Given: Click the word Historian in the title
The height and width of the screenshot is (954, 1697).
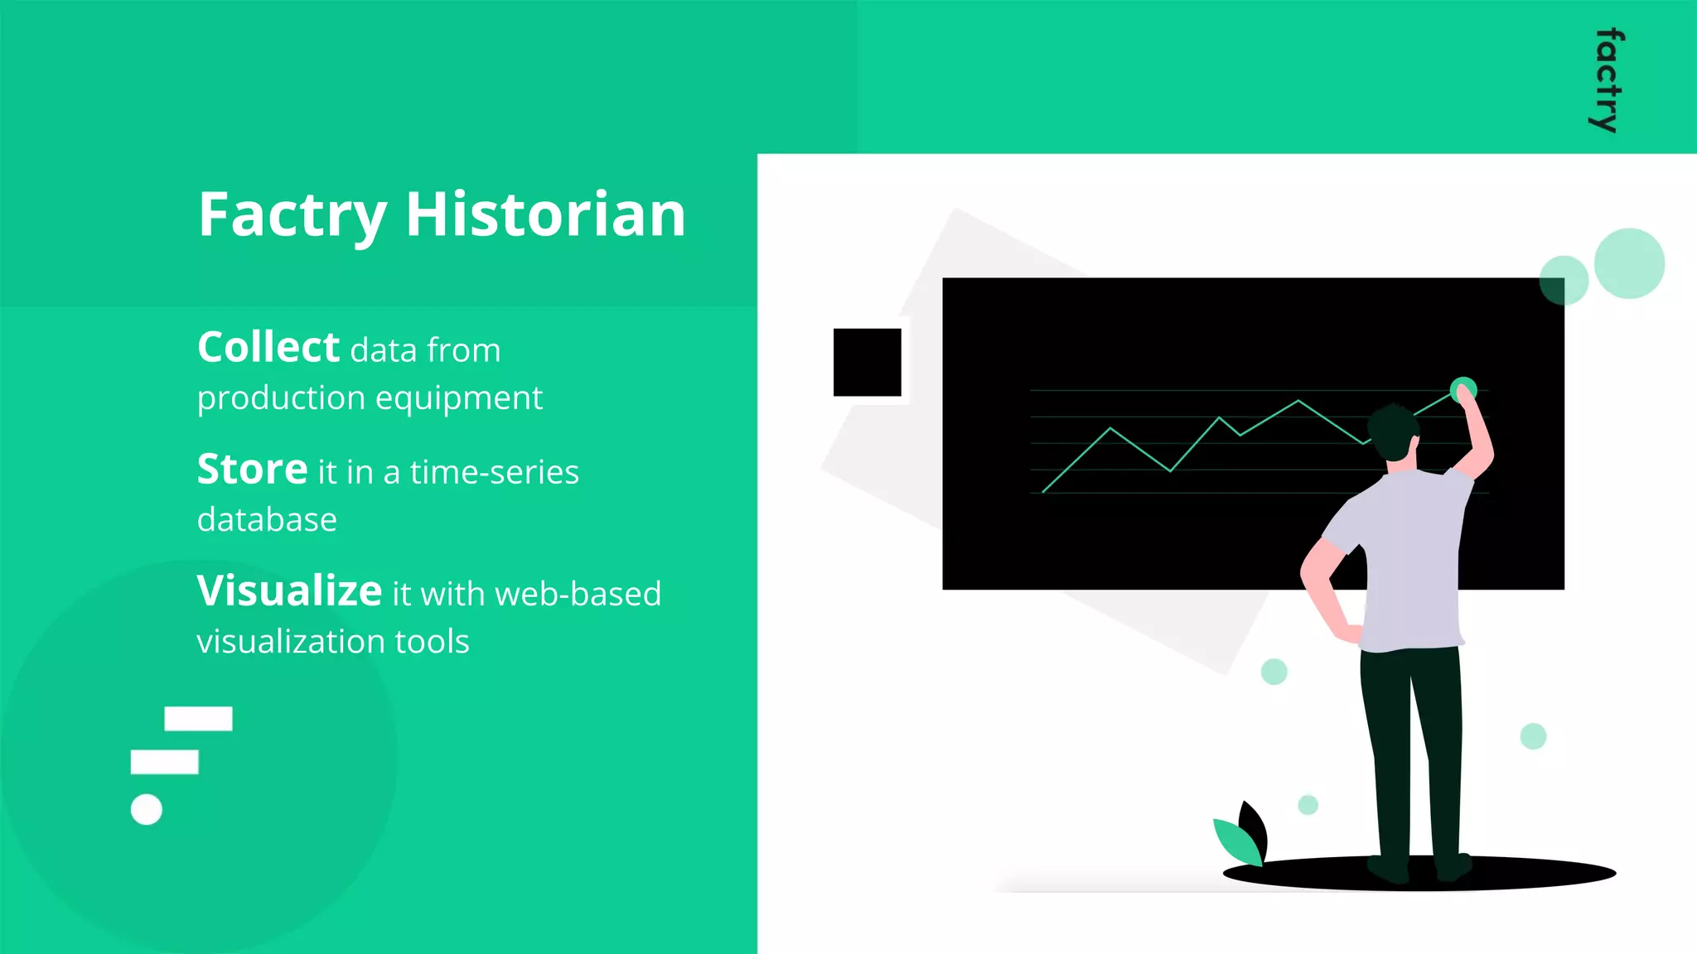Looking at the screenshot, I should (x=545, y=214).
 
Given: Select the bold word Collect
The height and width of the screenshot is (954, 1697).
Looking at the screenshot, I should (x=268, y=348).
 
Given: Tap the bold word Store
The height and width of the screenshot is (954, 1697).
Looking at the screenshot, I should (x=252, y=470).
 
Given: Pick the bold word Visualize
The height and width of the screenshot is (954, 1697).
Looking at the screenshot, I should (x=289, y=591).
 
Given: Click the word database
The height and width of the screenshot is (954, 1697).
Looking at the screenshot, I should (x=267, y=520).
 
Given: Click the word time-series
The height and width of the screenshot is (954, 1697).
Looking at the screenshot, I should (x=494, y=472).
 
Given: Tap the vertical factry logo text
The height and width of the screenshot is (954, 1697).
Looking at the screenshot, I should (x=1608, y=81).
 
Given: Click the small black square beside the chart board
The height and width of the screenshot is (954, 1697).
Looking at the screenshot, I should (x=867, y=362).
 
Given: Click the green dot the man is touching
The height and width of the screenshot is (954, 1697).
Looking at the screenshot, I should (x=1463, y=388).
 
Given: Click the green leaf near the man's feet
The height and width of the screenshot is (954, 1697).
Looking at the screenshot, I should (x=1237, y=841).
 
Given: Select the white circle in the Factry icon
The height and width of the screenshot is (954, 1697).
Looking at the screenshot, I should (x=147, y=809).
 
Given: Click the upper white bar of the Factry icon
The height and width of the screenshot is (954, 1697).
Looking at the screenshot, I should (x=198, y=718).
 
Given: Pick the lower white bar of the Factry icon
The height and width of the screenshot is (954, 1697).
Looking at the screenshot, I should (x=164, y=762).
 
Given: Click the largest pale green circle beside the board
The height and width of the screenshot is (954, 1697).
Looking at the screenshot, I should (x=1628, y=263).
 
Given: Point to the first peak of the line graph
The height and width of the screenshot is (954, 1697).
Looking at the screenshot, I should (x=1110, y=428).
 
